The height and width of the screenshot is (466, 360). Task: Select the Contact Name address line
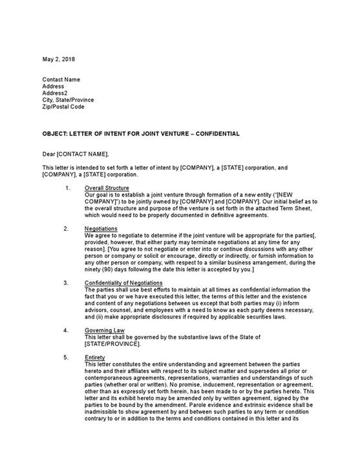62,79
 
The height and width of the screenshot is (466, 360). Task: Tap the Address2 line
55,93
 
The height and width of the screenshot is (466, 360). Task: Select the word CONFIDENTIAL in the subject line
218,134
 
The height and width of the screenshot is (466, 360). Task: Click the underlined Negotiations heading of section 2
101,229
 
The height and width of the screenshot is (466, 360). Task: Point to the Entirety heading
95,357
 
